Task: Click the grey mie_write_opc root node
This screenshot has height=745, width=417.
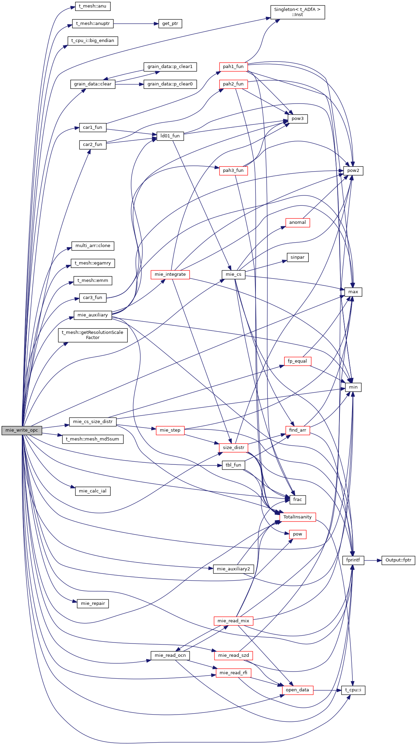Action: point(22,430)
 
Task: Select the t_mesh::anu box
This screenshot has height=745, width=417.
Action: point(93,6)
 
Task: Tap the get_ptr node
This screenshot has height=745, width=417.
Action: point(170,24)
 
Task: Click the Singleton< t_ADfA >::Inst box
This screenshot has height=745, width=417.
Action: point(297,12)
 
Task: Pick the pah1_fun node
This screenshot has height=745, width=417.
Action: point(233,67)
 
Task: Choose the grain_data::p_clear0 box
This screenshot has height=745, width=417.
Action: point(170,84)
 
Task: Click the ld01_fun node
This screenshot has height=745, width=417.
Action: point(170,136)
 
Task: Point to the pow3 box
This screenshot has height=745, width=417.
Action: point(297,119)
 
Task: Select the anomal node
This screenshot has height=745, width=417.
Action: point(297,222)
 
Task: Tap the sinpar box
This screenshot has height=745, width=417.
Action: point(297,257)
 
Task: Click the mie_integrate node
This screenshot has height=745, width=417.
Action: point(170,274)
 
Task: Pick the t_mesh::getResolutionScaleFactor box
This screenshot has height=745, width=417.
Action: point(93,335)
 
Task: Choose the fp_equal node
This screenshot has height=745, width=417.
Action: point(297,361)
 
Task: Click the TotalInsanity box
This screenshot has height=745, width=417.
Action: point(297,517)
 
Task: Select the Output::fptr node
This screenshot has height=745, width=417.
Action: point(398,560)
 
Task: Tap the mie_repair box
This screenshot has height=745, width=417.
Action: point(93,604)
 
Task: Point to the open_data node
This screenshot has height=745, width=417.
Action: point(297,690)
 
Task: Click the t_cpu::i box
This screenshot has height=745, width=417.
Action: point(353,690)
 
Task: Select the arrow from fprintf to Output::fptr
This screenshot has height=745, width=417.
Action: point(373,560)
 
